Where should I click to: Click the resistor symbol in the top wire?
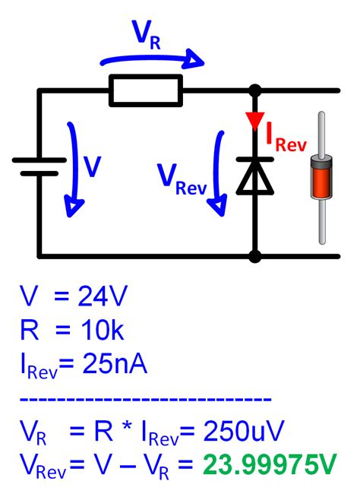click(146, 90)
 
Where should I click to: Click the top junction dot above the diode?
click(254, 90)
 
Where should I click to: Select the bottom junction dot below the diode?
click(254, 256)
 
